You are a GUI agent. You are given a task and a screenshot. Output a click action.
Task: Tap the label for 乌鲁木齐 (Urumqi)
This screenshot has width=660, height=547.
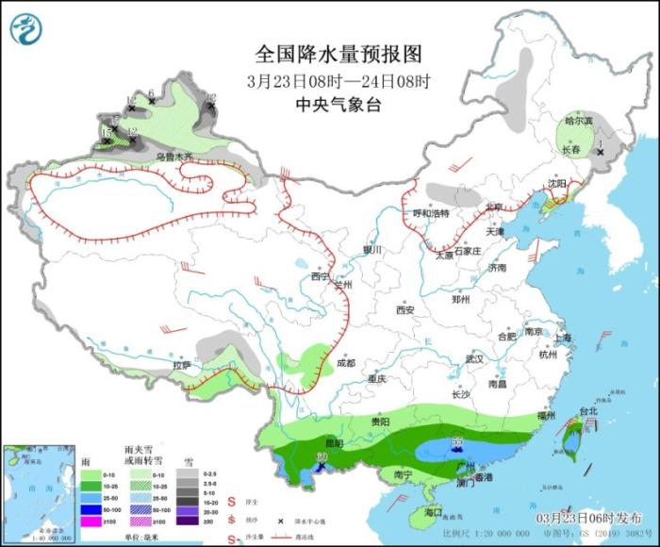174,157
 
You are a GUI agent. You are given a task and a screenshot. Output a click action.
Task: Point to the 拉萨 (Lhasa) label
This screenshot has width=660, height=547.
182,365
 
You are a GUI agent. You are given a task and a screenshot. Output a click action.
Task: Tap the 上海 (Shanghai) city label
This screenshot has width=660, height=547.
563,338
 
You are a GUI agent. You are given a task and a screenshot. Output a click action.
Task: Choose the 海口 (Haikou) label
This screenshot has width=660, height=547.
433,512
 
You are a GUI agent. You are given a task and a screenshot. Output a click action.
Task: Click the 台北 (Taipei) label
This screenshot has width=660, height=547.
587,412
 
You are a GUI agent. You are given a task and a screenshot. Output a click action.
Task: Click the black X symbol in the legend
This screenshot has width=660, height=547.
281,521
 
